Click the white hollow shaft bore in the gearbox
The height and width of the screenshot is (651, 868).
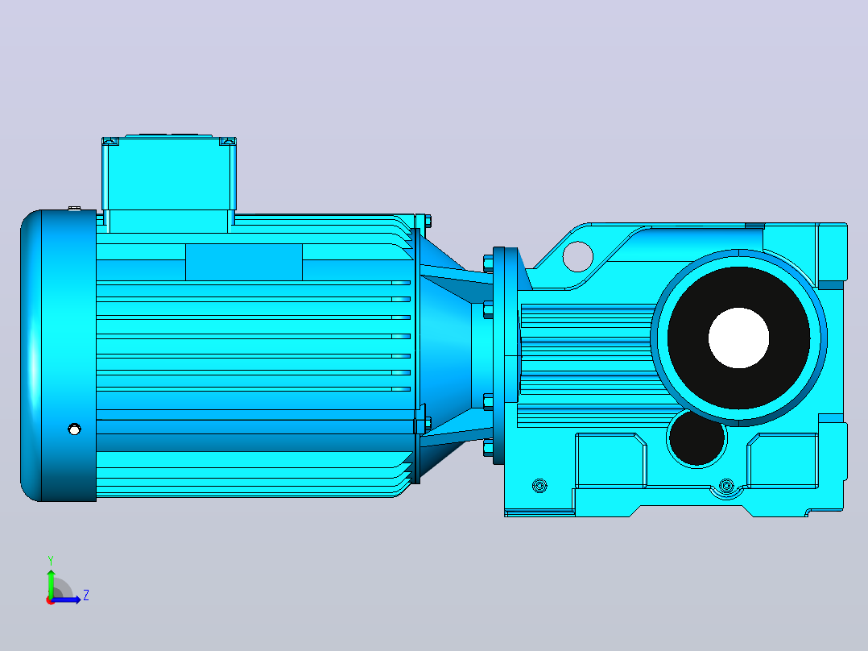738,338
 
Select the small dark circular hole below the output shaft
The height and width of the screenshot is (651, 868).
696,437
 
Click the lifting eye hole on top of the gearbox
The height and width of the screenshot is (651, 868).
577,256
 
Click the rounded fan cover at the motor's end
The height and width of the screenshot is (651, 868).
58,355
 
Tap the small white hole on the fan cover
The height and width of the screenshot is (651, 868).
74,429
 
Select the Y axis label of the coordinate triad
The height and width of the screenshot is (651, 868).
51,560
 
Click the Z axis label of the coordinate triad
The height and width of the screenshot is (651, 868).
86,595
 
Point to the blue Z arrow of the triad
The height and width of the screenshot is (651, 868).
66,599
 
